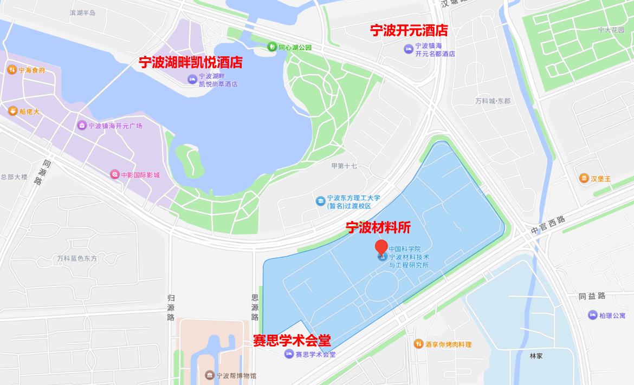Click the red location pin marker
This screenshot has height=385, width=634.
(x=381, y=247)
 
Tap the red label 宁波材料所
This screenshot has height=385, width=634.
(x=378, y=227)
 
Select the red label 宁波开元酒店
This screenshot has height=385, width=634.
(x=409, y=30)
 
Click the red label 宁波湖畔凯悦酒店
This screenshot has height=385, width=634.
(x=190, y=62)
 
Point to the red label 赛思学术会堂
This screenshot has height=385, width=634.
(x=292, y=340)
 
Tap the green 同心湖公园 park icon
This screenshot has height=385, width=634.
(x=272, y=47)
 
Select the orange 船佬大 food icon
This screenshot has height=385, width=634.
(x=12, y=111)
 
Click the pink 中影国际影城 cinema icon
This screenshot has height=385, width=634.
(x=114, y=174)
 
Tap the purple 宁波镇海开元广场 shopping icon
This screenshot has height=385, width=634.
(x=82, y=126)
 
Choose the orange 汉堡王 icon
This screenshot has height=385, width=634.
(x=584, y=178)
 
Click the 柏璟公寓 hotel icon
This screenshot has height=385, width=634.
(x=593, y=315)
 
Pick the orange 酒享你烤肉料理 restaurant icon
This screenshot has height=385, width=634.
(x=418, y=344)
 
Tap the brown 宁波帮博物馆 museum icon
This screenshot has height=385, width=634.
(x=209, y=375)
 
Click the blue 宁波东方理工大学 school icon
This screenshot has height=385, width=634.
(x=321, y=201)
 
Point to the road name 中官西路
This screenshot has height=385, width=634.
(x=547, y=225)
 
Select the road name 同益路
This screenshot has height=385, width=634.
(x=592, y=296)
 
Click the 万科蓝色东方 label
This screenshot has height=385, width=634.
(x=77, y=258)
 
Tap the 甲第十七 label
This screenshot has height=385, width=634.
(x=344, y=166)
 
